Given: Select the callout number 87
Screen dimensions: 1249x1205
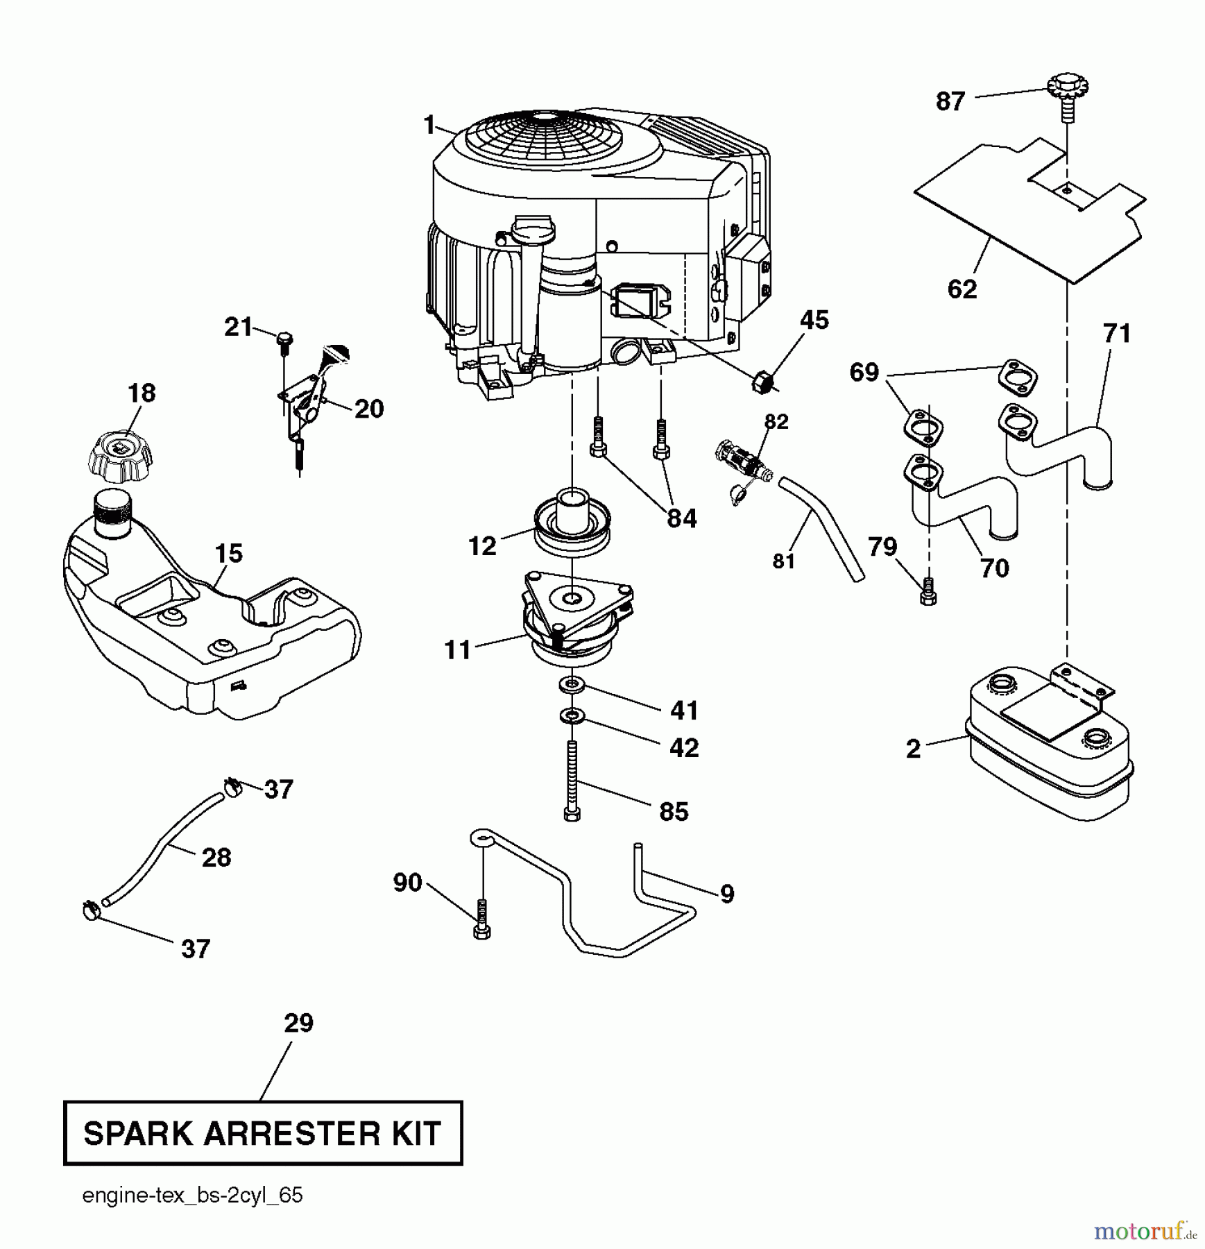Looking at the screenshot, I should click(x=950, y=102).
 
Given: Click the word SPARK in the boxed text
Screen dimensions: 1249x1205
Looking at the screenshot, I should click(x=138, y=1133).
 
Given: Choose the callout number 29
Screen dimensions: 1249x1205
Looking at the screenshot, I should click(x=298, y=1023).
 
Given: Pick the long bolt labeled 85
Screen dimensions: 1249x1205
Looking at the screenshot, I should click(x=572, y=781).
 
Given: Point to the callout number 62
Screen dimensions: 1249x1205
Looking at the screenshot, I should click(x=962, y=289).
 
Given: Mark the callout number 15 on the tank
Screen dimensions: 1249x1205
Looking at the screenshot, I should click(x=228, y=553).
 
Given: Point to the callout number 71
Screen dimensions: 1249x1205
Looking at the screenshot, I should click(x=1117, y=334).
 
